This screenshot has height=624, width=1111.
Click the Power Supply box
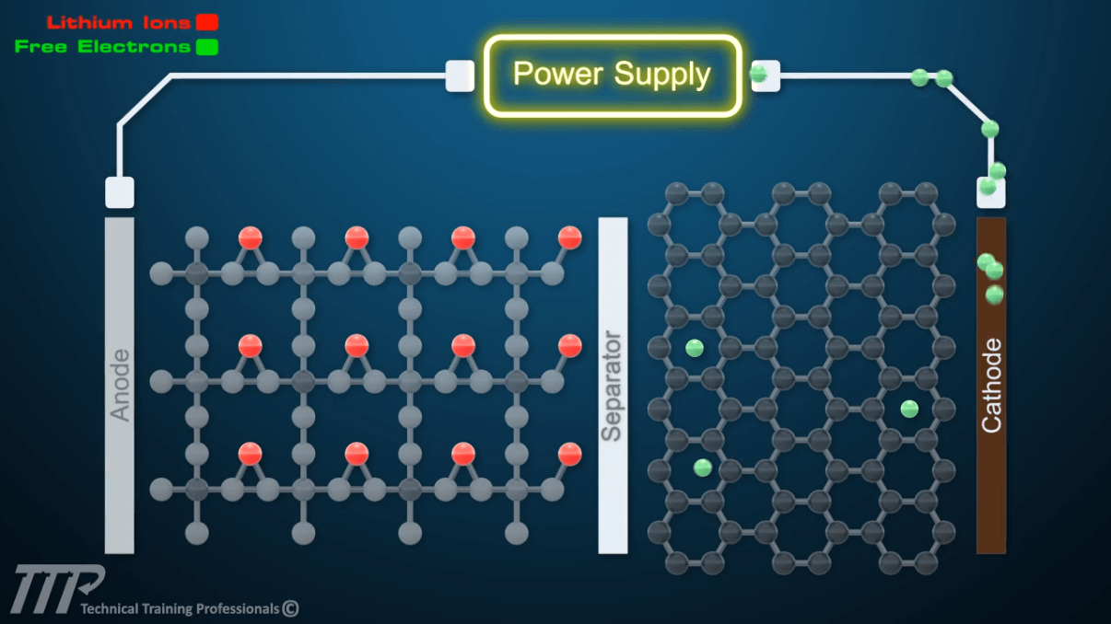[613, 75]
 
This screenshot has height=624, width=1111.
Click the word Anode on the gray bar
[120, 385]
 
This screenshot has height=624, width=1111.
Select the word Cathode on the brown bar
[991, 386]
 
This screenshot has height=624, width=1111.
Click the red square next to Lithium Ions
[206, 22]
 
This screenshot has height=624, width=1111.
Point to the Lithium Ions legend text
[118, 22]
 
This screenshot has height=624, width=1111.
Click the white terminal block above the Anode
[120, 192]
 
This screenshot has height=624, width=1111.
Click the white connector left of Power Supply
[460, 75]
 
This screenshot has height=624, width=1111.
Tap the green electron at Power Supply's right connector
[759, 75]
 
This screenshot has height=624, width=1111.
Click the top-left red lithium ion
[250, 238]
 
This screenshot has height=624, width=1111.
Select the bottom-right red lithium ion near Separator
[570, 454]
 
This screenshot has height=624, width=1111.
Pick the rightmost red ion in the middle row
[570, 346]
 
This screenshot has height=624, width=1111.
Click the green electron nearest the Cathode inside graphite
[909, 409]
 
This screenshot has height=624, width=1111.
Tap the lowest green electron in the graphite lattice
[703, 468]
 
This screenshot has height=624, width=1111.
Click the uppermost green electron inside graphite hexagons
[695, 348]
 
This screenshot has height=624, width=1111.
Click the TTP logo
[58, 590]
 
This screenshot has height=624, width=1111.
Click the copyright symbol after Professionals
[290, 608]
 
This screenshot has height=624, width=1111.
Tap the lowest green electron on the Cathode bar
[994, 295]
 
